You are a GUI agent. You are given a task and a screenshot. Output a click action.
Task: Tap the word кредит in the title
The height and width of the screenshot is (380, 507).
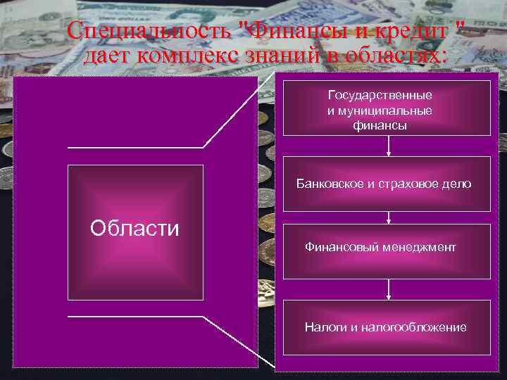pos(417,32)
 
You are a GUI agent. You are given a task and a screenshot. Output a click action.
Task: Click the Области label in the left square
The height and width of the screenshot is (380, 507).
pos(134,228)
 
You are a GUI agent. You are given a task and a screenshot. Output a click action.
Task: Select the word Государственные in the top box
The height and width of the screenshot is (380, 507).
pos(380,94)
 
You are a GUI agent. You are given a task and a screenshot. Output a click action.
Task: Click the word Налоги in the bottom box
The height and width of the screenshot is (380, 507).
pos(321,327)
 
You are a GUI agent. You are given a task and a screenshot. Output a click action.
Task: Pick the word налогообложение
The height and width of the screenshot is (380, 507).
pos(411,327)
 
